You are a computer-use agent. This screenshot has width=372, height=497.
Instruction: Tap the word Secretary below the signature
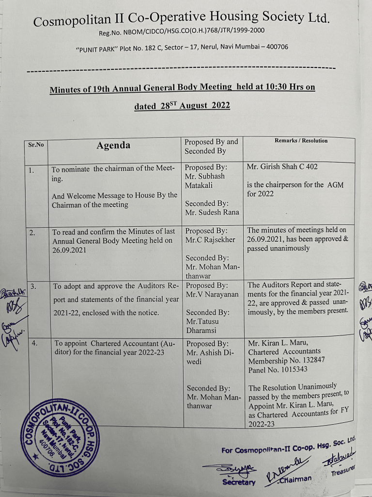tap(238, 482)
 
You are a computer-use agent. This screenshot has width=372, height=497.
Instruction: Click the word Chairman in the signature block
tap(296, 479)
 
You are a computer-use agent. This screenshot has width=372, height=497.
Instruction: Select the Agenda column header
tap(113, 145)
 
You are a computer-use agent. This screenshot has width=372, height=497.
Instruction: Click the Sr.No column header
tap(35, 144)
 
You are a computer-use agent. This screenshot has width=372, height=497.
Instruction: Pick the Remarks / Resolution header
tap(301, 141)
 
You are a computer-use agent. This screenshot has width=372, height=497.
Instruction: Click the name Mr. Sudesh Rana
tap(212, 212)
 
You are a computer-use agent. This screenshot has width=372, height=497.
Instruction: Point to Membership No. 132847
tap(286, 360)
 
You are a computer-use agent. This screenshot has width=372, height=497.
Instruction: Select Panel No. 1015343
tap(278, 369)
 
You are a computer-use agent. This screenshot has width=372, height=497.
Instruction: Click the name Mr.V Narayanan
tap(213, 295)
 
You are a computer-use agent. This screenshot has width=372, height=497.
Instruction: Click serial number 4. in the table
tap(35, 343)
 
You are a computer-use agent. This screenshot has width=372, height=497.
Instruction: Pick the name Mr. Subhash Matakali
tap(205, 181)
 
